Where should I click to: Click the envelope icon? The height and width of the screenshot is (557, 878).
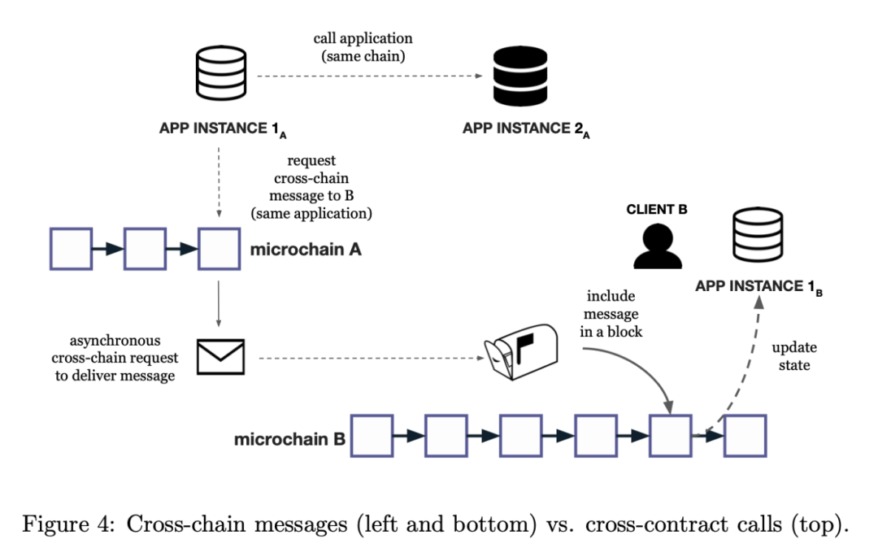pyautogui.click(x=221, y=355)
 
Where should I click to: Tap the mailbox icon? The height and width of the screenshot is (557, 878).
pyautogui.click(x=521, y=353)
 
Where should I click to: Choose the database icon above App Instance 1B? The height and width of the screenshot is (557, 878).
pyautogui.click(x=758, y=237)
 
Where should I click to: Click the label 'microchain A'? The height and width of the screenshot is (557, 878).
pyautogui.click(x=306, y=249)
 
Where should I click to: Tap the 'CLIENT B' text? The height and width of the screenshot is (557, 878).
pyautogui.click(x=657, y=209)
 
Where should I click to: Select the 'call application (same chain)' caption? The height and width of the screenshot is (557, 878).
pyautogui.click(x=363, y=48)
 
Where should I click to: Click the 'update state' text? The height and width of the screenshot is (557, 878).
pyautogui.click(x=794, y=356)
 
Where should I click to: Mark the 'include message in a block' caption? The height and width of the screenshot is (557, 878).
pyautogui.click(x=611, y=313)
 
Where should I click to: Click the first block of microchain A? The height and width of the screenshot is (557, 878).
pyautogui.click(x=71, y=248)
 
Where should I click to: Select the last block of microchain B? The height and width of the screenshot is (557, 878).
pyautogui.click(x=745, y=436)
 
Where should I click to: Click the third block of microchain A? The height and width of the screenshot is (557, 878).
pyautogui.click(x=219, y=248)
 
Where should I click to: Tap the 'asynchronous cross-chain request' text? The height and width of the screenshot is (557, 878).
pyautogui.click(x=106, y=349)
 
